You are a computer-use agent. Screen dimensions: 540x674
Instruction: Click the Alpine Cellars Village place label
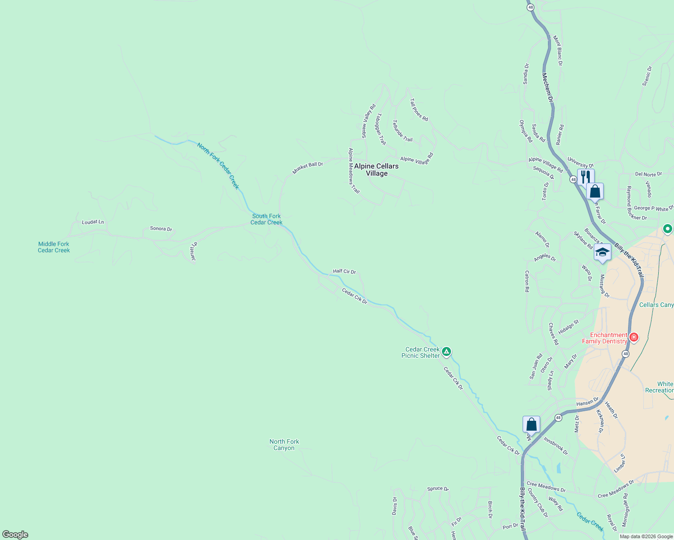point(376,170)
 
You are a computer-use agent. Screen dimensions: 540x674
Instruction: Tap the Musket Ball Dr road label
point(308,168)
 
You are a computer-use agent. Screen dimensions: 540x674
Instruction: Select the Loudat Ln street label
point(93,222)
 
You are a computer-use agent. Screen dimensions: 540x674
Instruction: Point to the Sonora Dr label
point(161,229)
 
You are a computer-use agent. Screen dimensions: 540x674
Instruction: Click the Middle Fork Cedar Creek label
point(54,247)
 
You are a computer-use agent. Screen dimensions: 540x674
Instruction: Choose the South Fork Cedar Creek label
point(266,219)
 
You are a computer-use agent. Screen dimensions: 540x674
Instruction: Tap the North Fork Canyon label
point(284,445)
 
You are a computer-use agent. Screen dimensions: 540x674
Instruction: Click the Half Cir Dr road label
point(344,271)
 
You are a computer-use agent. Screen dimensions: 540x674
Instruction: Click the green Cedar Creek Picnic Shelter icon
point(446,351)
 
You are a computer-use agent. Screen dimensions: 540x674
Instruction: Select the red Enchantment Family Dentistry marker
point(634,337)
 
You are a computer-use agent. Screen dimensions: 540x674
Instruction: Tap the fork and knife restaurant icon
point(585,176)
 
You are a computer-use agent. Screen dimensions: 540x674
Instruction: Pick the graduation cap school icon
point(602,252)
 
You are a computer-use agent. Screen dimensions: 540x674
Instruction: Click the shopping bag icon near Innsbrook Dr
point(531,424)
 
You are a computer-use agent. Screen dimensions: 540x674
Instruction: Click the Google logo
point(15,535)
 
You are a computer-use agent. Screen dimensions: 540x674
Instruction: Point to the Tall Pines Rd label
point(419,110)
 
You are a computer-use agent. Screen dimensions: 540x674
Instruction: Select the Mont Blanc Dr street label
point(558,51)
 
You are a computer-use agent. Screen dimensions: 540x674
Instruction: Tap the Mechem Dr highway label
point(547,87)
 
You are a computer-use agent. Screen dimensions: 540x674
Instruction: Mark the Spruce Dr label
point(437,489)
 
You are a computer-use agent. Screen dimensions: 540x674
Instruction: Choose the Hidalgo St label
point(568,327)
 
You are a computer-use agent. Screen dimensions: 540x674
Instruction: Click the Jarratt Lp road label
point(194,252)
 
